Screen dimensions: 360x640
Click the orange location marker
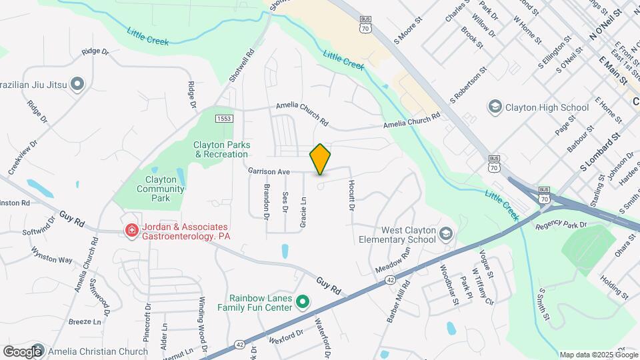click(320, 159)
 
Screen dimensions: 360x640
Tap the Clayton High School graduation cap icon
click(495, 107)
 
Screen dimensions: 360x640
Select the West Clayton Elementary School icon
click(446, 234)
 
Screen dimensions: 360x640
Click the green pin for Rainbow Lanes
click(302, 303)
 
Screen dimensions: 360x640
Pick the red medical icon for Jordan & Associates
click(132, 231)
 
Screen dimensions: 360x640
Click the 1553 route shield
click(224, 118)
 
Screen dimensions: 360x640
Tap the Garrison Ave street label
click(269, 171)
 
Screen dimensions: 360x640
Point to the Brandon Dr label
click(267, 201)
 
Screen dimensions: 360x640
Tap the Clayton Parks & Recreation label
click(221, 149)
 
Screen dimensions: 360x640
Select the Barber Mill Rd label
click(399, 301)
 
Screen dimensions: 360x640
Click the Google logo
click(22, 351)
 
